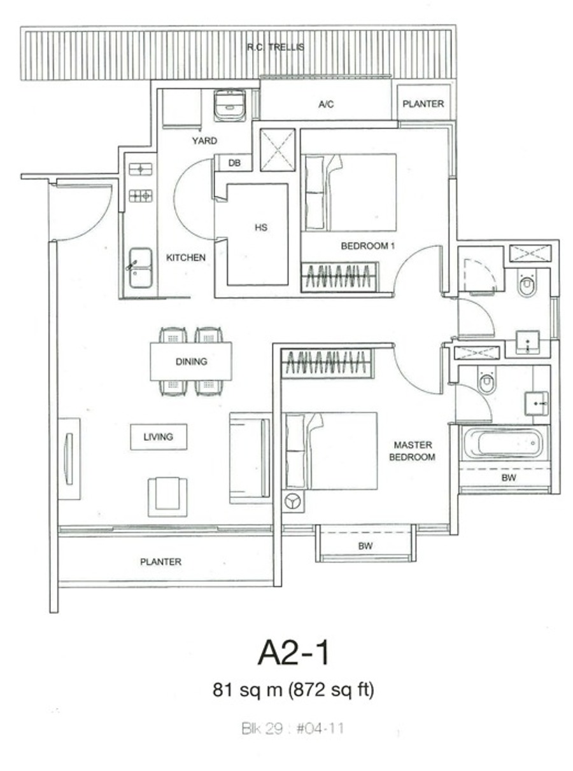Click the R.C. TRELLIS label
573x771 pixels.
(276, 47)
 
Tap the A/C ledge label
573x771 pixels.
(326, 104)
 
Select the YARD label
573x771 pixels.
(204, 141)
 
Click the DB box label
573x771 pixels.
(234, 163)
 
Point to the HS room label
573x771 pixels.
(261, 228)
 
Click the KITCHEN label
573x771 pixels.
(186, 258)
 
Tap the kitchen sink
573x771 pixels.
(140, 268)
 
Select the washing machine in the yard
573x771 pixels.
(230, 106)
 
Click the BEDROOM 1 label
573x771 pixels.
(368, 246)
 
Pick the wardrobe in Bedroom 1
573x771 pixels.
(339, 277)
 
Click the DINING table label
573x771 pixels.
(192, 361)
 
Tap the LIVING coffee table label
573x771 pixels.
(159, 436)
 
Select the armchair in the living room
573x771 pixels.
(167, 497)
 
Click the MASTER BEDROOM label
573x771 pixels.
(413, 451)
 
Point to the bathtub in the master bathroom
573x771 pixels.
(504, 443)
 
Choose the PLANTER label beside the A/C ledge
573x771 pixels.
(423, 104)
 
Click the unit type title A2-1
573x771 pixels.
(293, 653)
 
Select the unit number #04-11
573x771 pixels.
(320, 728)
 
